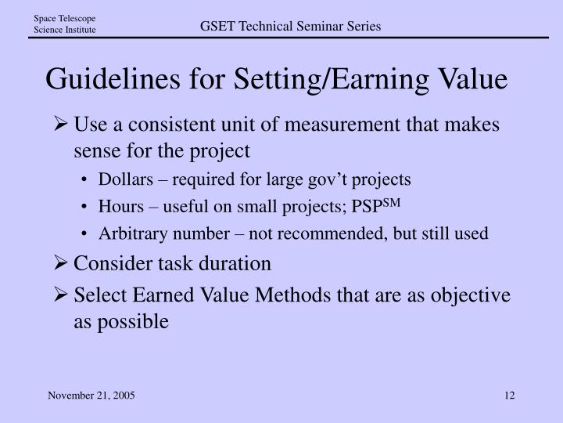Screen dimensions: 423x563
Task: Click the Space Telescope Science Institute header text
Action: [x=64, y=24]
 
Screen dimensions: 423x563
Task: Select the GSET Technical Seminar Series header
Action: [x=290, y=27]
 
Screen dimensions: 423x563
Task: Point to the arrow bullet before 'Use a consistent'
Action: [x=63, y=125]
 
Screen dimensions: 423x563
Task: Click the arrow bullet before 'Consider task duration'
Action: [x=63, y=264]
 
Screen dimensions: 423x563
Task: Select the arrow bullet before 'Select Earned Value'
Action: [x=63, y=295]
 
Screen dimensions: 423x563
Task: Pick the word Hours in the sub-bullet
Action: [x=118, y=206]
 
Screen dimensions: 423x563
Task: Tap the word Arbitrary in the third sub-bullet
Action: [x=128, y=233]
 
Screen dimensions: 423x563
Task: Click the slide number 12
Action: [x=510, y=396]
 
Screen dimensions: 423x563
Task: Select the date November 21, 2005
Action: [x=91, y=396]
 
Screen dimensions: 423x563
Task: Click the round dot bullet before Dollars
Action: [x=85, y=180]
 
